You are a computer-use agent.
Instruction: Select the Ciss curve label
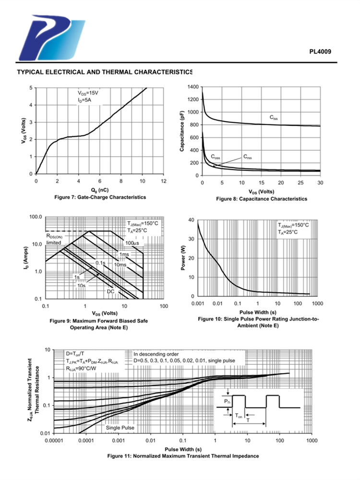[273, 117]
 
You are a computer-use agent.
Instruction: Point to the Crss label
[248, 156]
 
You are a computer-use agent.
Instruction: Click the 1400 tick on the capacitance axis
[192, 87]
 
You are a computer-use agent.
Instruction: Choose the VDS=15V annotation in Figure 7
[88, 93]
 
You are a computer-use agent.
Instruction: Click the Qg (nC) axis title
[99, 190]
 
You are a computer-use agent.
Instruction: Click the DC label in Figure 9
[110, 291]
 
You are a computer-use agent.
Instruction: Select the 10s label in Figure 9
[81, 286]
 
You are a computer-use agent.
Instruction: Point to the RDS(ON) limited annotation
[54, 239]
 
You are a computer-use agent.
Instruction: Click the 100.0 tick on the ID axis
[36, 217]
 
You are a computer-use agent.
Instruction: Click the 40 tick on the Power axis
[191, 220]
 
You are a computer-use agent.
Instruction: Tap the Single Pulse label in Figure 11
[120, 427]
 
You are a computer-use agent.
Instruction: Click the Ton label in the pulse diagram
[239, 418]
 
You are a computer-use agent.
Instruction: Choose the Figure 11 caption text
[183, 456]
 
